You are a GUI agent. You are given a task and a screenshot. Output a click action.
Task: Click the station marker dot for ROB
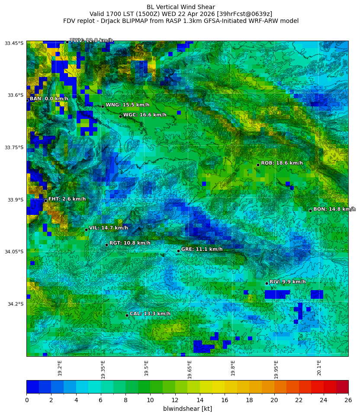tap(258, 165)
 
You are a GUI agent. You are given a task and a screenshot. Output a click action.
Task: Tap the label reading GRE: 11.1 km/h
tap(202, 250)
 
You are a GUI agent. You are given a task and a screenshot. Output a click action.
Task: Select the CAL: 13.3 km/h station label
tap(150, 314)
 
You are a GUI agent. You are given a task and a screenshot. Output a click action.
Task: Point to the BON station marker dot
tap(310, 211)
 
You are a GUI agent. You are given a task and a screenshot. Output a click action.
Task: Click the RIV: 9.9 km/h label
tap(287, 282)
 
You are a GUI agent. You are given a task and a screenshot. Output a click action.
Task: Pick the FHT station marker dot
tap(45, 201)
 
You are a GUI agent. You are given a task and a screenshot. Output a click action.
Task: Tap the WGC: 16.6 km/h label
tap(145, 115)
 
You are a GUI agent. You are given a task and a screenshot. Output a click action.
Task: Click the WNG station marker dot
tap(103, 106)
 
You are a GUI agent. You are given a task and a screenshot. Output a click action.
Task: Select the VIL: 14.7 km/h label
tap(108, 228)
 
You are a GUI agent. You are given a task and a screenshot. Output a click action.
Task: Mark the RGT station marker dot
tap(106, 245)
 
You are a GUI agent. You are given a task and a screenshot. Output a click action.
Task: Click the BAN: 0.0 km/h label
tap(49, 99)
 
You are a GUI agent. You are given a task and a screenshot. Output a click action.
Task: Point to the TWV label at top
tap(91, 41)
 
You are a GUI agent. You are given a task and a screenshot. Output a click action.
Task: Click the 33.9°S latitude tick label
tap(14, 200)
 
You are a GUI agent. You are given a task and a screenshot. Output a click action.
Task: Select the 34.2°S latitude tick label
tap(14, 304)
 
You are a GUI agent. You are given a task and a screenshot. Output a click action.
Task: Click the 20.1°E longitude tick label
tap(319, 368)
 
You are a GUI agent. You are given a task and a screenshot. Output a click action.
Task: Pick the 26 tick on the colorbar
tap(348, 400)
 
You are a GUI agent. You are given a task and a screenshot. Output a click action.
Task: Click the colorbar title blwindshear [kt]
tap(187, 409)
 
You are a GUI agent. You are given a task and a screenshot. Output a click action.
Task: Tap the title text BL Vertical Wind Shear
tap(180, 7)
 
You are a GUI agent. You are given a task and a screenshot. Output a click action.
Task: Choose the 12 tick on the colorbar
tap(175, 400)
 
